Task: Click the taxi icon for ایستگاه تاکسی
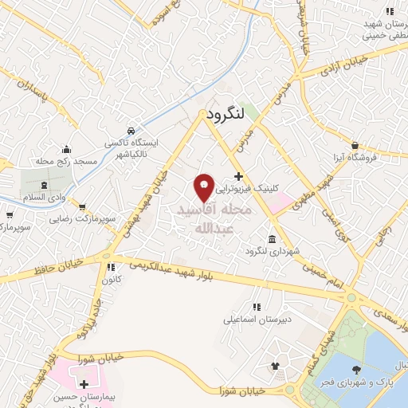coord(131,130)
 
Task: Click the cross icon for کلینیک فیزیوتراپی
coord(238,175)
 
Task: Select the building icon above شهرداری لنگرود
coord(273,240)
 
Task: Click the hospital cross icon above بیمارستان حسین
coord(84,385)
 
